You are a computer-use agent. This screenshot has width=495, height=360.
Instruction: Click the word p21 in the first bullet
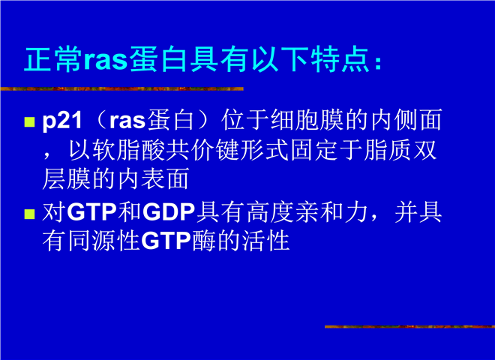62,121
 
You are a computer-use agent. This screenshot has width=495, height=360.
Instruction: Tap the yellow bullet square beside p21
29,122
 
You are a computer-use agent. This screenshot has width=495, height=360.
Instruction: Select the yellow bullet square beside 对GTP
29,214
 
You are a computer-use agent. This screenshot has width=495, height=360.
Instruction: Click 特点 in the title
340,59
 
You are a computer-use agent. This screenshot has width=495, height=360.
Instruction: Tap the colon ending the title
378,62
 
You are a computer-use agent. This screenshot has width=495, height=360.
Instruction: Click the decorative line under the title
121,88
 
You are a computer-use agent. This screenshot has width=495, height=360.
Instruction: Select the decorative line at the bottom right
409,326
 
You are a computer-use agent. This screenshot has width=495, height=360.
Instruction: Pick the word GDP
169,212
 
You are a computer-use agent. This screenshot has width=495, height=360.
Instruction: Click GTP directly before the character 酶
166,241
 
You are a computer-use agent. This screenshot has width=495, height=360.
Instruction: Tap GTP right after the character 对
91,212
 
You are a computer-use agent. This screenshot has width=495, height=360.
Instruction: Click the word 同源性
103,241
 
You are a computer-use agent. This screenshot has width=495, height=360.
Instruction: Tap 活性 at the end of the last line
265,241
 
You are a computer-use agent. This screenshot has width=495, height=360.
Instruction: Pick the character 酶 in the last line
204,241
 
